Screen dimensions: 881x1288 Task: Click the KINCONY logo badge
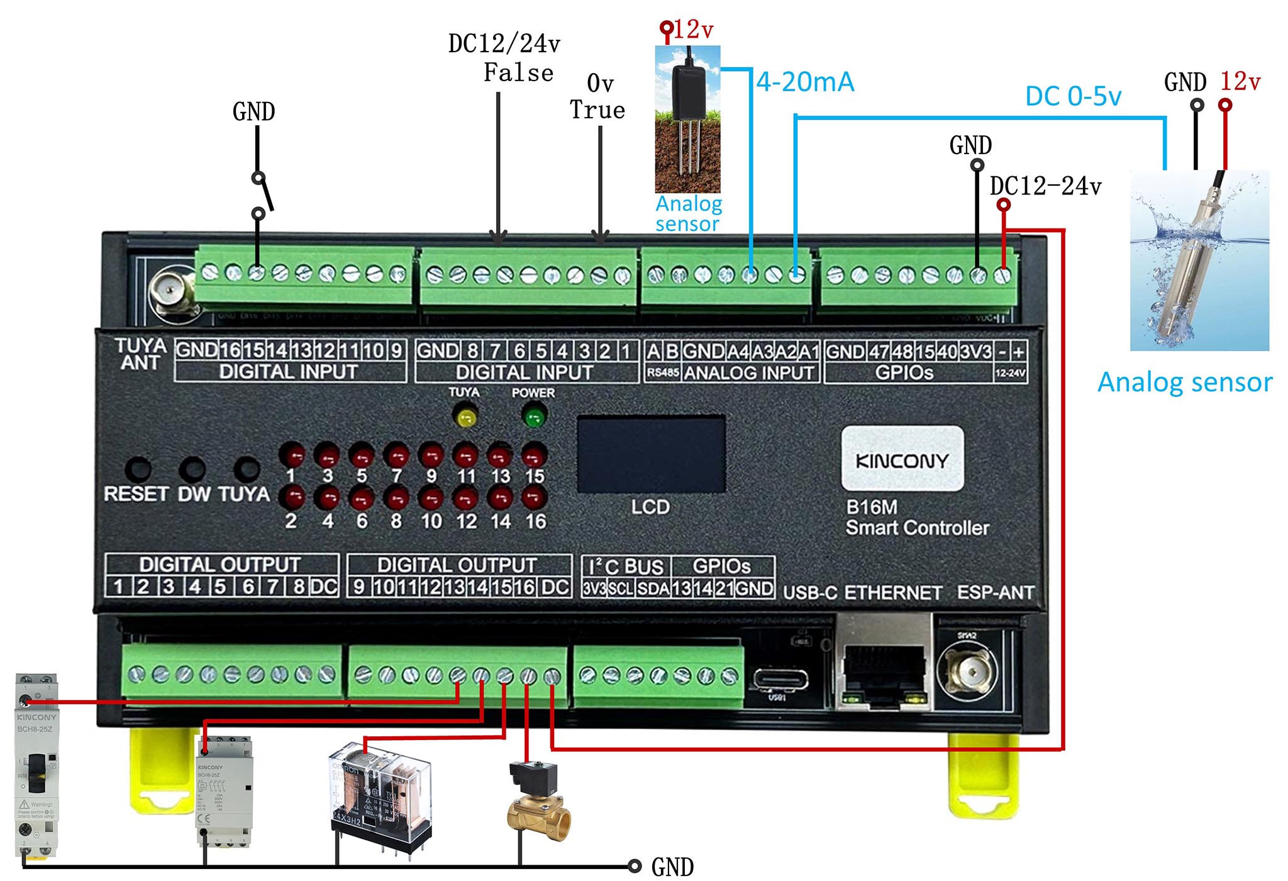point(902,459)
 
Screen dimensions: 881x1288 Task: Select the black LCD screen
point(651,453)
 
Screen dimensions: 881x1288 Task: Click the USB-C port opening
point(780,680)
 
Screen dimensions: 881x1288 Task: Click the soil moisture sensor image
point(687,120)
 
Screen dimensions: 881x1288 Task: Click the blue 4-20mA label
point(805,82)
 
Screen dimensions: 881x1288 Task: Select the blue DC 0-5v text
point(1073,97)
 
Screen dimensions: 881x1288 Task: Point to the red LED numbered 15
point(534,455)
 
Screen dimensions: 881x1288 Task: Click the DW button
point(192,469)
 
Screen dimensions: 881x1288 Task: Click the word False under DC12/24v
point(518,73)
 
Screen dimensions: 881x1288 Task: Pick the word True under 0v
point(597,110)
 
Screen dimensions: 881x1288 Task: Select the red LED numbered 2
point(292,498)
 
